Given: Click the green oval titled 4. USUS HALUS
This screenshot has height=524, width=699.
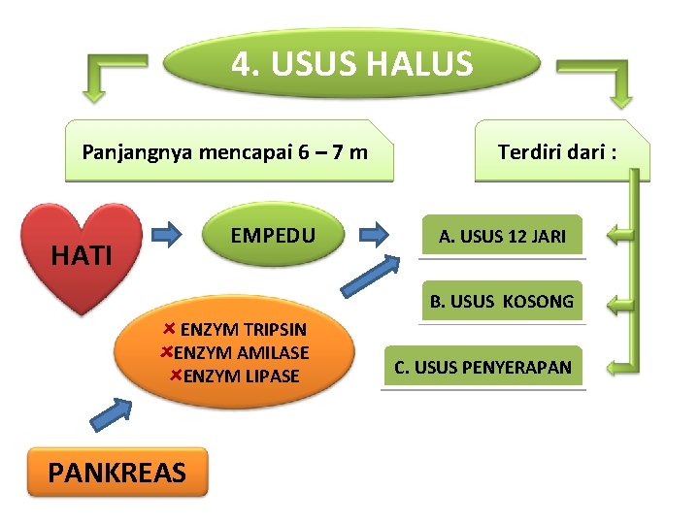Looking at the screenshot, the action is (x=351, y=64).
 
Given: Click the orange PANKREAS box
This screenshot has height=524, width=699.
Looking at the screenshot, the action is (x=116, y=473).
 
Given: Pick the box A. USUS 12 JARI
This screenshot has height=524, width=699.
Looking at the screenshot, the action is (x=502, y=236).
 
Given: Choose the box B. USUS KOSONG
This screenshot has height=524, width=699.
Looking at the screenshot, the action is (x=502, y=301).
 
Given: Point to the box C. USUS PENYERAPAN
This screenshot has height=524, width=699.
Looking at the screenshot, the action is (x=483, y=367).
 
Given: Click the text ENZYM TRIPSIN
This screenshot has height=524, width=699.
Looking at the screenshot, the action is (x=244, y=330).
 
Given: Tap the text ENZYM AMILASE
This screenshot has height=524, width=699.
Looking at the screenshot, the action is (x=241, y=352).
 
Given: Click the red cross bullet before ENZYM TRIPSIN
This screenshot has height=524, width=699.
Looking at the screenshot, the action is (x=170, y=329).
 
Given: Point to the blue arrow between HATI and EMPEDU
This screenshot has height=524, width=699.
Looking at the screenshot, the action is (x=168, y=234).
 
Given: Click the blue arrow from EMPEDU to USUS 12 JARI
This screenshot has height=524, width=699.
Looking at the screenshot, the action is (x=373, y=234).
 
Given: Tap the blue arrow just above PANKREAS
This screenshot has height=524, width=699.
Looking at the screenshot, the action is (x=112, y=415).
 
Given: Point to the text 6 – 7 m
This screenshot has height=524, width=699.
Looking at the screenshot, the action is (x=332, y=152).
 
